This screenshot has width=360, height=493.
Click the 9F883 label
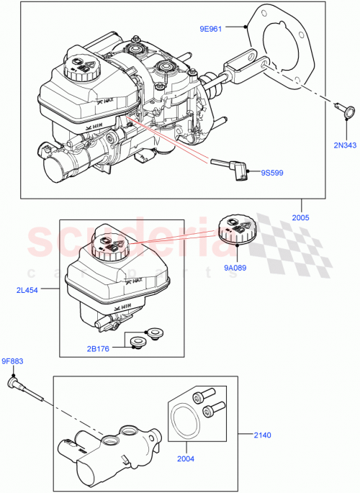point(13,361)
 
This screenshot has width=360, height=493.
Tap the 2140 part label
point(264,435)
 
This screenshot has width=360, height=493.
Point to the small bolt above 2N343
point(343,110)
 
